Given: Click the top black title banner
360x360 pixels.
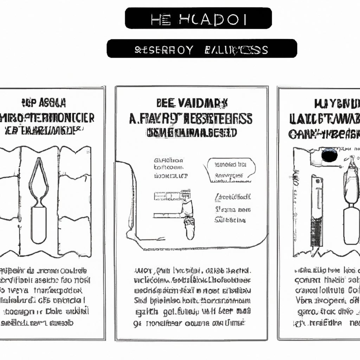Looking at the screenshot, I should pos(198,18).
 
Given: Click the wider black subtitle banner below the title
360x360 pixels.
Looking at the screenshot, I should pos(202,49).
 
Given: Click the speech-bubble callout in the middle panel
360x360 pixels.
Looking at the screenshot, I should pos(231,170).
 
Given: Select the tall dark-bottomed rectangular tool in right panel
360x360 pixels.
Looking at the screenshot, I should pos(316,211).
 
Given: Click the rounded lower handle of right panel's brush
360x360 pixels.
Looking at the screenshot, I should pos(351,225).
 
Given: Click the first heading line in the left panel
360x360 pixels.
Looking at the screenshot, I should pos(43,103).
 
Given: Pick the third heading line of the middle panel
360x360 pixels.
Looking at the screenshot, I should pos(192,133).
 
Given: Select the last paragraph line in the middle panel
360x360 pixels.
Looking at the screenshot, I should pos(192,323).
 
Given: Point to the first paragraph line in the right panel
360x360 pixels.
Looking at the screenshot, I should pos(327,270).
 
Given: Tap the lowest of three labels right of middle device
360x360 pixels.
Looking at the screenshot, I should pos(230,220).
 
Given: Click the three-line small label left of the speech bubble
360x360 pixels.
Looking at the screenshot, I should pos(169,167).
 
